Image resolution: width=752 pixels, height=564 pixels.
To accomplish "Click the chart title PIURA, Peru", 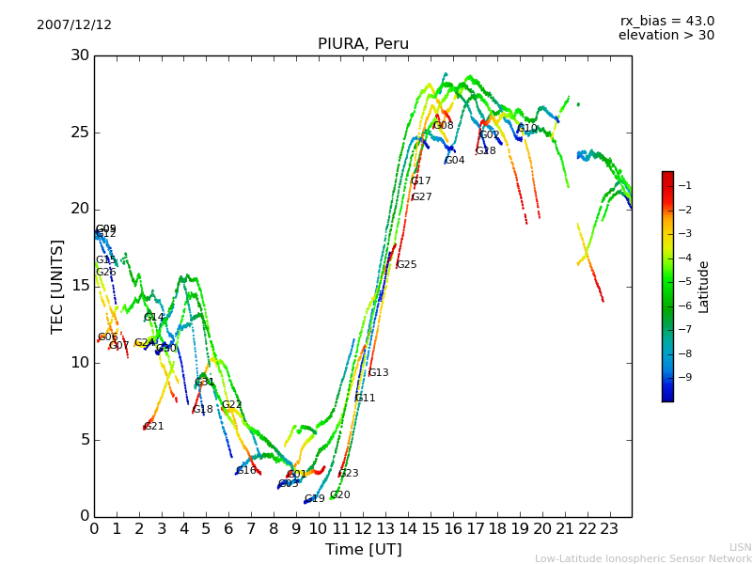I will tap(363, 44).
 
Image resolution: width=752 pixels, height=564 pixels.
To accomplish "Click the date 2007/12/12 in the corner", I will tap(74, 25).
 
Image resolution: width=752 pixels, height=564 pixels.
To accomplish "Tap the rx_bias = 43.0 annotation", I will tap(666, 22).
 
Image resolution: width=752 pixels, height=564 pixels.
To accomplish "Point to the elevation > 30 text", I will tap(666, 36).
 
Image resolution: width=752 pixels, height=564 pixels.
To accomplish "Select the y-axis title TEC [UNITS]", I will tap(57, 286).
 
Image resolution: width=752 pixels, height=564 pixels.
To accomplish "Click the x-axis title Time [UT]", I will tap(363, 550).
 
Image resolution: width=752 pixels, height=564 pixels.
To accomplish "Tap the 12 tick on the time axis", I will tap(363, 528).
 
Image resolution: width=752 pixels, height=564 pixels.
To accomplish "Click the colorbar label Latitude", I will tap(703, 287).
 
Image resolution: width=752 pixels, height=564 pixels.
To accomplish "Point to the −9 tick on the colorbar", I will tap(688, 378).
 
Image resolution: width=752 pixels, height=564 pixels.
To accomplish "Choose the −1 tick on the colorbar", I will tap(688, 186).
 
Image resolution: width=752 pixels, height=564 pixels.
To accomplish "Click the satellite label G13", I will tap(378, 373).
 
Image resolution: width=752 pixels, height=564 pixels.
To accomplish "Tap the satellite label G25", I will tap(406, 265).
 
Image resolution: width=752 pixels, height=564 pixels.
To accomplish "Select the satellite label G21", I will tap(153, 427).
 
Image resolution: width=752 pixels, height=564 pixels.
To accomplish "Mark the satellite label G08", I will tap(443, 126).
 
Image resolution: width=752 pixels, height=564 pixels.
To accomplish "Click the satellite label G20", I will tap(339, 495).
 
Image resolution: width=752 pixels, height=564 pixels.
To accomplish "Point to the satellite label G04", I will tap(454, 161).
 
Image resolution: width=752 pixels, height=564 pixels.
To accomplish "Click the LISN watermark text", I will tap(740, 547).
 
